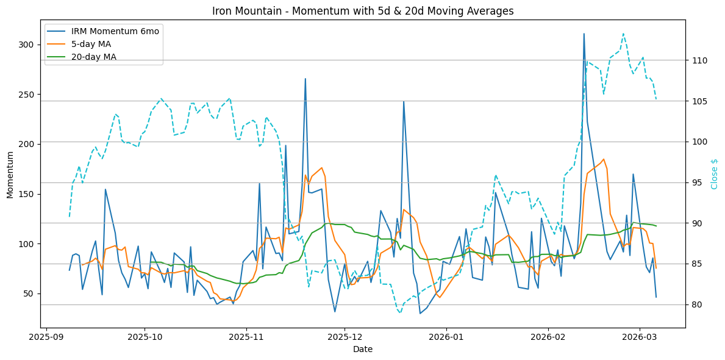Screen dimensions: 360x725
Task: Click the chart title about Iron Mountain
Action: point(363,11)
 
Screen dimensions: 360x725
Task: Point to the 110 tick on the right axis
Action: point(699,60)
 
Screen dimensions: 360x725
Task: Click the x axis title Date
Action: point(363,349)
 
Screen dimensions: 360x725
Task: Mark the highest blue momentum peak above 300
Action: point(584,34)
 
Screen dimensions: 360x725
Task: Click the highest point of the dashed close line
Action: point(623,34)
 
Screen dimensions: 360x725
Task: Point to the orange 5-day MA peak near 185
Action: point(604,159)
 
